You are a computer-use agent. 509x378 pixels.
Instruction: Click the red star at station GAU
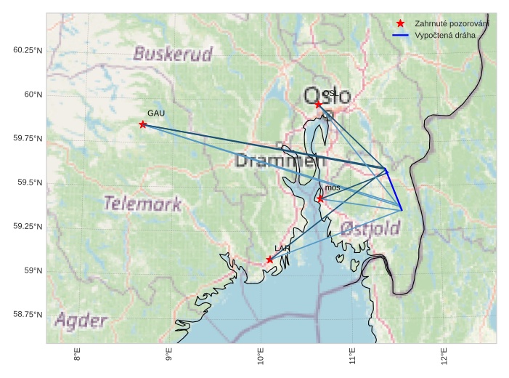pos(143,124)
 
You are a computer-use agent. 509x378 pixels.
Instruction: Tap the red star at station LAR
pos(269,260)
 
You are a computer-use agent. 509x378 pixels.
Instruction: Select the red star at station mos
pos(320,198)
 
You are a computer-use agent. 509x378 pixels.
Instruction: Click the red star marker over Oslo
pos(318,105)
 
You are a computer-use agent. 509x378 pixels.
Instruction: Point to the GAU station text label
pos(156,113)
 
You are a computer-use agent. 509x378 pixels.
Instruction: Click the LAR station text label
pos(282,249)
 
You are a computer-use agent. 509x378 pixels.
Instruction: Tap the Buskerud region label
pos(173,54)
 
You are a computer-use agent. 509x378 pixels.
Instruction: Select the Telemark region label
pos(142,204)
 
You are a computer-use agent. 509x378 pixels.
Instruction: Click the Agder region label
pos(81,321)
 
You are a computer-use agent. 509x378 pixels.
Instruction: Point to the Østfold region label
pos(370,230)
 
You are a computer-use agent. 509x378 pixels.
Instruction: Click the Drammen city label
pos(277,161)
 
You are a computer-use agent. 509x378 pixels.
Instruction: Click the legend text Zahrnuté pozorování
pos(451,24)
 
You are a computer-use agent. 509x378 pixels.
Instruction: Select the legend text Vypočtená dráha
pos(445,35)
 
